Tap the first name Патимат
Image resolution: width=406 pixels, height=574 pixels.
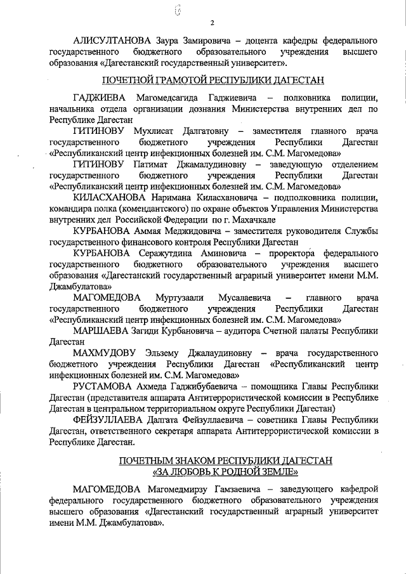click(x=149, y=164)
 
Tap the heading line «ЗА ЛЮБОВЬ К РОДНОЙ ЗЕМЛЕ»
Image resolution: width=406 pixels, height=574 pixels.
click(x=225, y=471)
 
